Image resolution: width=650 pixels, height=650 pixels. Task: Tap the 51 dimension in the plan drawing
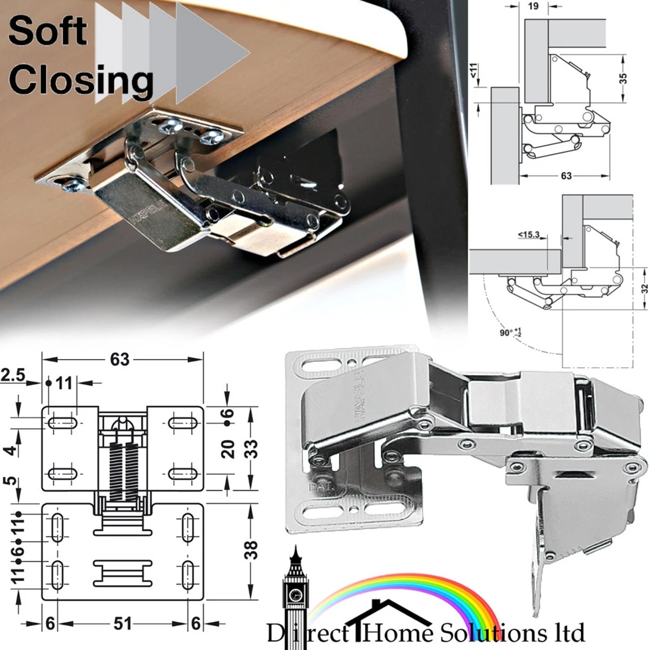[122, 624]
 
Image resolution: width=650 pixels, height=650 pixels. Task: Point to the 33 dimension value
[250, 448]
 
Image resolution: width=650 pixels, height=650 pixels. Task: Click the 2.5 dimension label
[13, 375]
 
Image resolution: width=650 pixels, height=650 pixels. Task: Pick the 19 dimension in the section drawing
[533, 7]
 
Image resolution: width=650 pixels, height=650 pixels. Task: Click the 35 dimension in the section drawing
[623, 78]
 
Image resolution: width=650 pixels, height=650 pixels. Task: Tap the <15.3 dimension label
[529, 235]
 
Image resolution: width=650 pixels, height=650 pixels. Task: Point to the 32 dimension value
[644, 289]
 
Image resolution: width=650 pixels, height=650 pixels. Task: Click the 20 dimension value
[229, 449]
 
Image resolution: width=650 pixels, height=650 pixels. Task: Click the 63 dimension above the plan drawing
[120, 359]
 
